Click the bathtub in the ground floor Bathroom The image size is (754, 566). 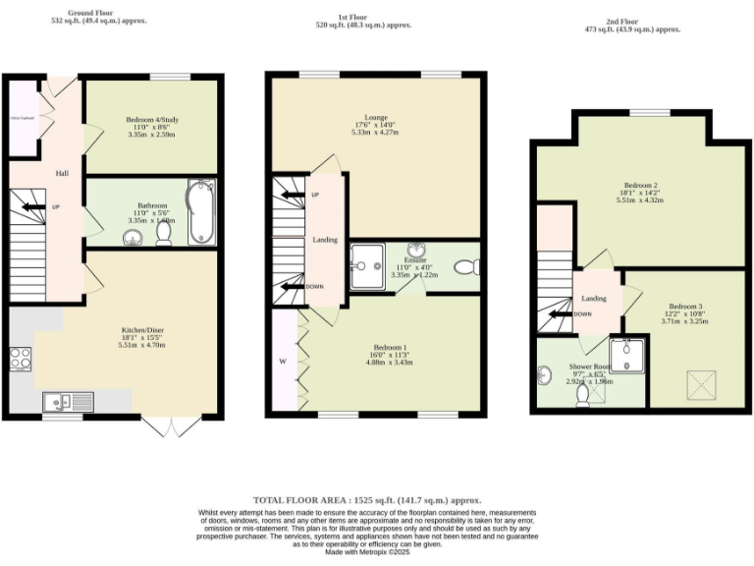201,211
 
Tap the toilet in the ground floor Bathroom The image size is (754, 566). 163,236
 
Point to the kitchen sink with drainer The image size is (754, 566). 68,401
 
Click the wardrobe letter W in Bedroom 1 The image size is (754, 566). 282,361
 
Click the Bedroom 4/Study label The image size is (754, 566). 151,120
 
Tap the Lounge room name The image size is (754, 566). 375,116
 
